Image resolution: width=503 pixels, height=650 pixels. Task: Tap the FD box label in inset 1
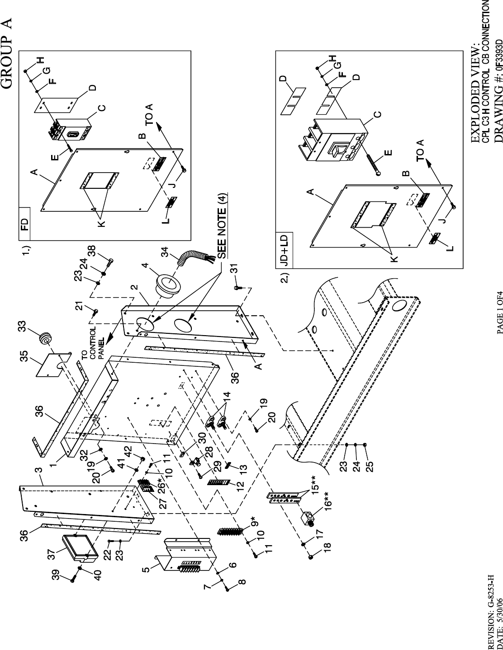[24, 223]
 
